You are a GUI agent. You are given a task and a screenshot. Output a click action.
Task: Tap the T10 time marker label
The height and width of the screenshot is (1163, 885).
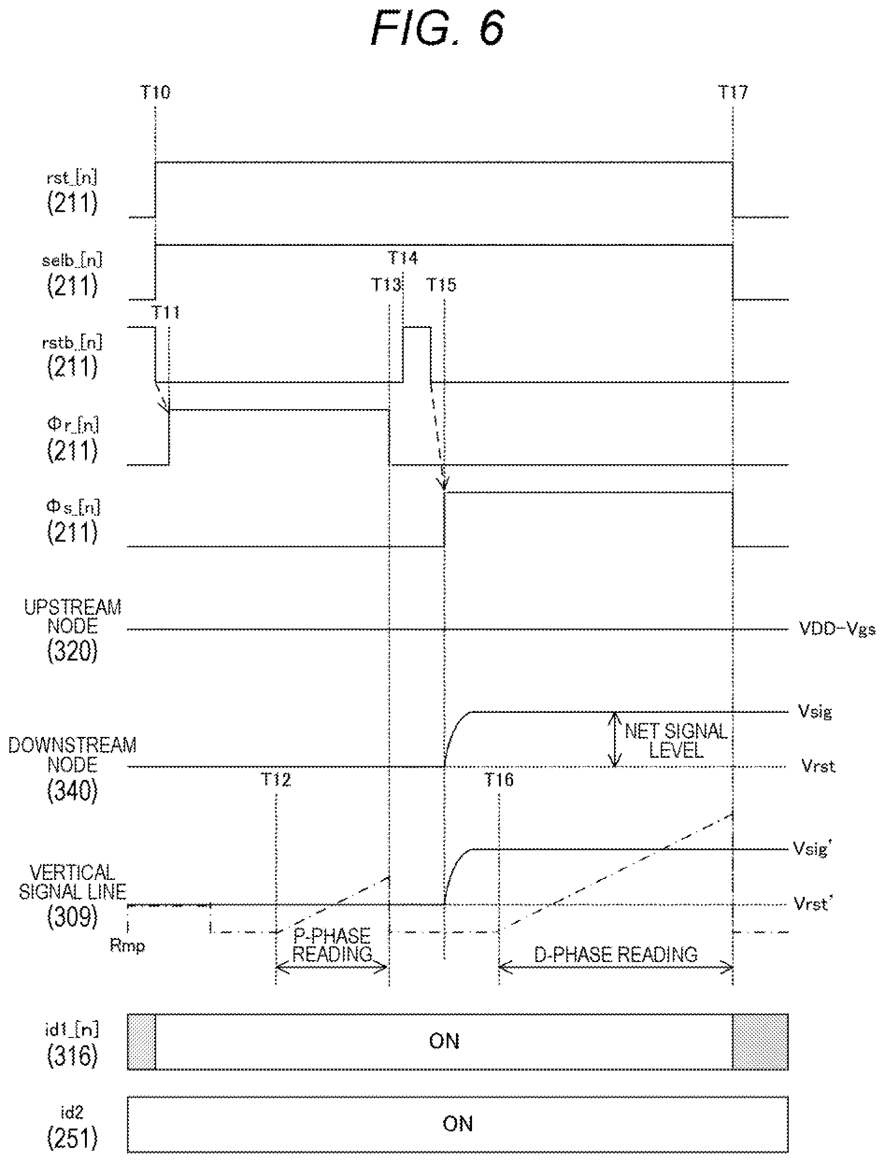[155, 92]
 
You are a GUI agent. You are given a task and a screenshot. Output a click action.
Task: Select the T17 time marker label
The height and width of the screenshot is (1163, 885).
[733, 92]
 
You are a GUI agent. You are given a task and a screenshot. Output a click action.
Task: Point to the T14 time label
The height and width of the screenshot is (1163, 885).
[403, 258]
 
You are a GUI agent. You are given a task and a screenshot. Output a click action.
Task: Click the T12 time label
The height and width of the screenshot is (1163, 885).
[276, 779]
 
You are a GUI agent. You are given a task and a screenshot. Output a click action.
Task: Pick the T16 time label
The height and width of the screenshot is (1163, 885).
[498, 779]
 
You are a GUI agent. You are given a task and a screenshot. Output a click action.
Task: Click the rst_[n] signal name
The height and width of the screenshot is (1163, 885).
[72, 178]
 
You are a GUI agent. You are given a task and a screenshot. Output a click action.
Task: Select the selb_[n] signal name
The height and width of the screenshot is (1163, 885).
[72, 260]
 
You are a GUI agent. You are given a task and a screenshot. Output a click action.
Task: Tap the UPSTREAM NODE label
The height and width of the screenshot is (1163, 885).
[73, 617]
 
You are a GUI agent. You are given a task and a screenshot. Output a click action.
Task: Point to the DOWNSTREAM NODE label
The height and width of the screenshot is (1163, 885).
[72, 754]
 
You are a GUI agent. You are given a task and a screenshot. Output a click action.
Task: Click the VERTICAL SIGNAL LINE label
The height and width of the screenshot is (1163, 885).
[73, 882]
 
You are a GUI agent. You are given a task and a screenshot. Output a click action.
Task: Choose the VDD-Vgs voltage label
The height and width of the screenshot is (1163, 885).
[837, 628]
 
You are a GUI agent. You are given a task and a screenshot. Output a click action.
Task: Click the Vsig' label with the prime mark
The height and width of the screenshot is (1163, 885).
[812, 849]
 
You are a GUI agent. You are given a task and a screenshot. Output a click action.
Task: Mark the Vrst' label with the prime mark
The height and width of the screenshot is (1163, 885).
[812, 904]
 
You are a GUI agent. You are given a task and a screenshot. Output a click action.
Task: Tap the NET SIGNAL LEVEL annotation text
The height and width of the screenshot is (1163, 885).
[676, 741]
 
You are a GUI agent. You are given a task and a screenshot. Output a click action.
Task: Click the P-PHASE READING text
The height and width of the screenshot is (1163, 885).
[332, 945]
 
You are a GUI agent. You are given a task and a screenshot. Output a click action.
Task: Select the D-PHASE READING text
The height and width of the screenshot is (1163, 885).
[616, 954]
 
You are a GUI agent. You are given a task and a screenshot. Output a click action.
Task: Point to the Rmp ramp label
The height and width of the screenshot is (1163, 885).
[127, 945]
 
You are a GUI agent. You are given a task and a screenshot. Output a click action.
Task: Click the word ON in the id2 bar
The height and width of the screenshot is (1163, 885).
[457, 1123]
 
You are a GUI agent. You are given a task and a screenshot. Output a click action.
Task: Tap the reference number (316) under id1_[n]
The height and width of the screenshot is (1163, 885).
[72, 1055]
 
